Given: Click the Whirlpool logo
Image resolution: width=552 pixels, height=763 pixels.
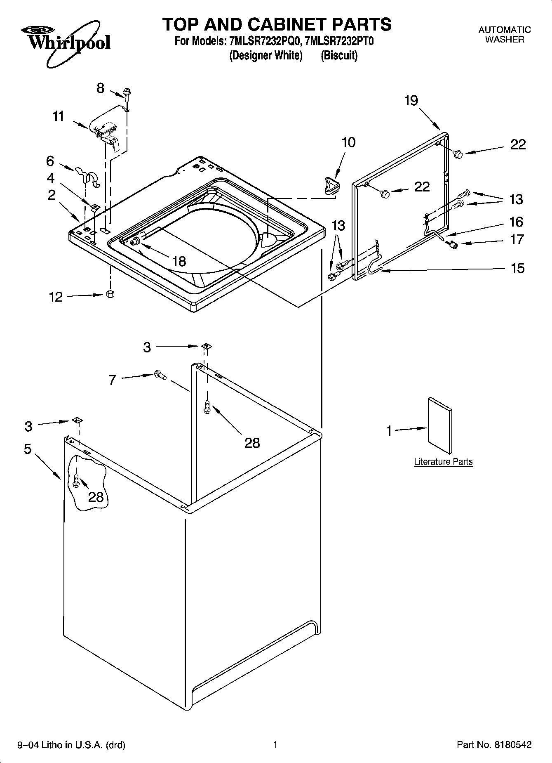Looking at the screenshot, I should click(66, 43).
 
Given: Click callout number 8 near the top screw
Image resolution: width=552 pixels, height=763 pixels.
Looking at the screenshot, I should click(101, 88).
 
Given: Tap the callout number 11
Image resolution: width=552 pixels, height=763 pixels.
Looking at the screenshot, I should click(59, 116).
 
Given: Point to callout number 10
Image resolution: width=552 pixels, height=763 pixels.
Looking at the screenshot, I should click(348, 142).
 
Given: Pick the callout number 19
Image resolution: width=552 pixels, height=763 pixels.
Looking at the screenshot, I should click(411, 100).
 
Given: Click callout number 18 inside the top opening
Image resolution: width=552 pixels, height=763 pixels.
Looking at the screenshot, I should click(179, 261).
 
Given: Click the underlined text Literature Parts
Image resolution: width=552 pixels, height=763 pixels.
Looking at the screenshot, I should click(443, 462).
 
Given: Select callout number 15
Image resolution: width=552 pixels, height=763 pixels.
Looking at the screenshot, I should click(517, 268).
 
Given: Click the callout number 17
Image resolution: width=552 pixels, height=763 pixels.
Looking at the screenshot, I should click(517, 239).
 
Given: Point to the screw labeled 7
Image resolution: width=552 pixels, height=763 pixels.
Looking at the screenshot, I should click(160, 375).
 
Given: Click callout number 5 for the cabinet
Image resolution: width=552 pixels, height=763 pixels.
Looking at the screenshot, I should click(28, 449).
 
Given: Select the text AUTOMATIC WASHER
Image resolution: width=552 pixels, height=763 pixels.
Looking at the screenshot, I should click(505, 35).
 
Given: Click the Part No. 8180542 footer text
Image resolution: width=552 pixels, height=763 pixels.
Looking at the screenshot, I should click(494, 745).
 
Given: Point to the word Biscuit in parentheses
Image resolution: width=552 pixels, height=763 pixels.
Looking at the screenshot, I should click(339, 55).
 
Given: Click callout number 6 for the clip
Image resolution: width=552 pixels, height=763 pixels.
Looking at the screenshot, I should click(50, 161).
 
